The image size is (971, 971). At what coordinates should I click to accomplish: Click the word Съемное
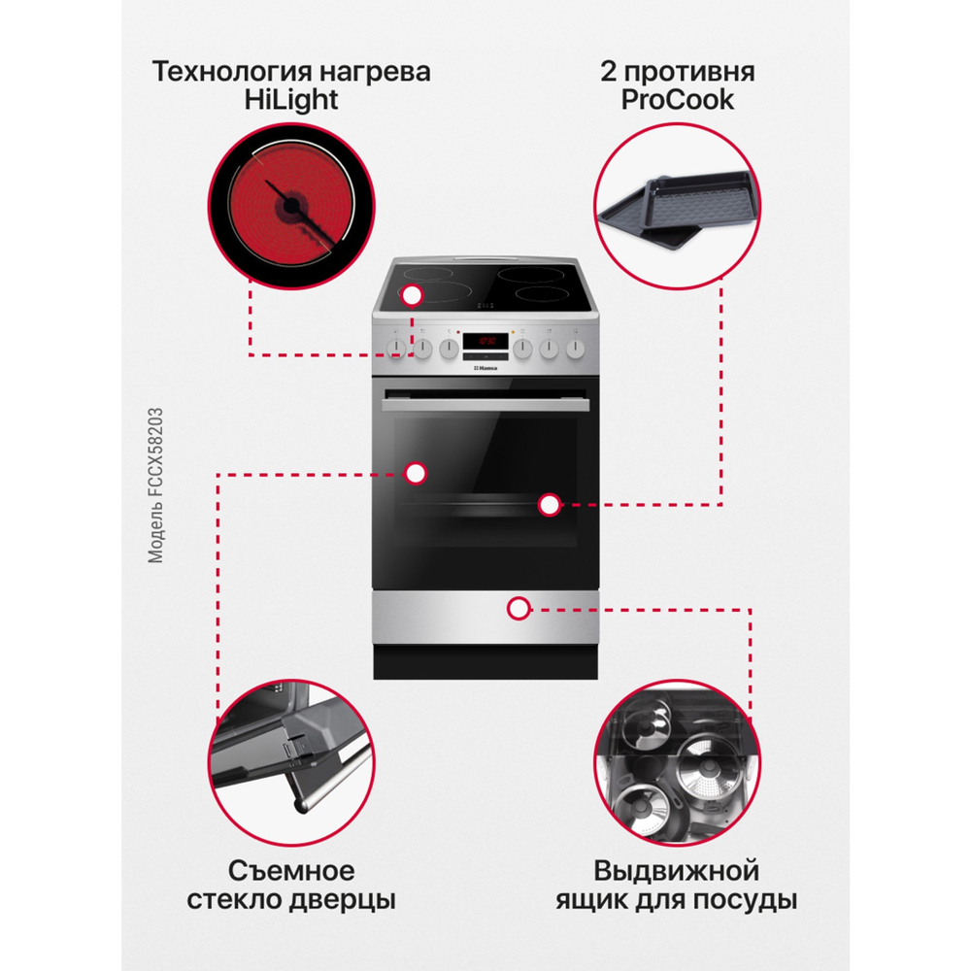(x=291, y=868)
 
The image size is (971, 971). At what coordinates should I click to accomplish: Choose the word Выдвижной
(x=677, y=868)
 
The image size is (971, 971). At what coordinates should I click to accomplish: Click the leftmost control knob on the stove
(x=396, y=349)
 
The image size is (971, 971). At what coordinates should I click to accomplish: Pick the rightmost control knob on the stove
(x=577, y=348)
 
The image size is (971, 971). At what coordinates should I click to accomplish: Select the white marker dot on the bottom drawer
(x=519, y=609)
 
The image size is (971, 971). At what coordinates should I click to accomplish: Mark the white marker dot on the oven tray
(x=550, y=504)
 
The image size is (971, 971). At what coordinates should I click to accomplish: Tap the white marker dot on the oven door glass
(x=416, y=473)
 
